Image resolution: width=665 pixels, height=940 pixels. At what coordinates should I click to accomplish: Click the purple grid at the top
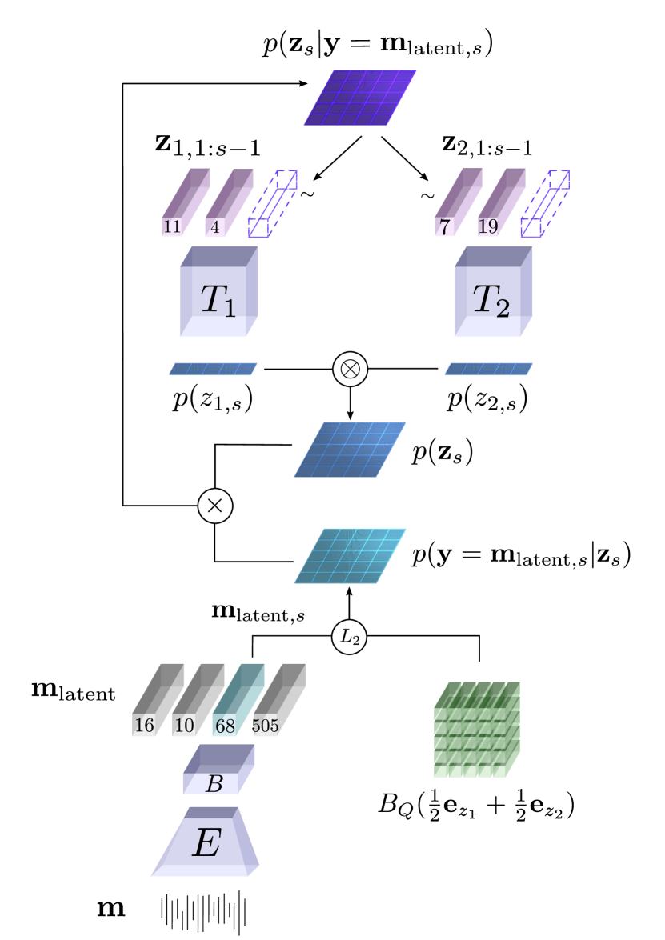point(360,98)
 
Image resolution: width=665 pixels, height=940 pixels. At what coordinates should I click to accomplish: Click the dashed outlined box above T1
point(272,204)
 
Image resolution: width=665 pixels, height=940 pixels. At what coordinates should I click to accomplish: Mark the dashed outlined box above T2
point(544,204)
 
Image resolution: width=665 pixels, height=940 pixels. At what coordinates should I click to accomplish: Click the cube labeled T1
point(218,293)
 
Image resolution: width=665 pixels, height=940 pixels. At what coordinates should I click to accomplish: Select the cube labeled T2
point(492,293)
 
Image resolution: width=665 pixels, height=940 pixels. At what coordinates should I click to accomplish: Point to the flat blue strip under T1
point(213,369)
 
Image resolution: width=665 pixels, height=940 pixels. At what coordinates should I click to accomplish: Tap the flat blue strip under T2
point(488,369)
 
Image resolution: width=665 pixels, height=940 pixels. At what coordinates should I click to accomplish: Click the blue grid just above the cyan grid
point(350,450)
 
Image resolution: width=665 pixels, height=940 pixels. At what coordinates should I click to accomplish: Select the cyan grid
point(350,556)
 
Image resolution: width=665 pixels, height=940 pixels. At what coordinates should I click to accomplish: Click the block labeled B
point(218,771)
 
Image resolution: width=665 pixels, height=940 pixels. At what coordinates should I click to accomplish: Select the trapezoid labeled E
point(206,844)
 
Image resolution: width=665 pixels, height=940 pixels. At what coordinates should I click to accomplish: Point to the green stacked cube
point(476,730)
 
